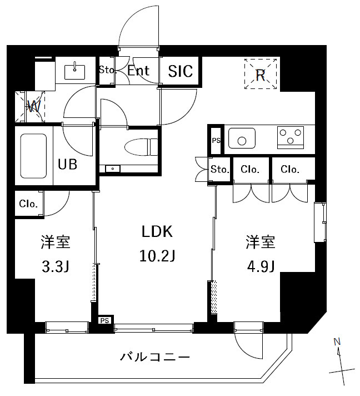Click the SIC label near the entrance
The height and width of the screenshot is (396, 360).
[x=181, y=71]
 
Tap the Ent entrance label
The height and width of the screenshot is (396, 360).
[x=138, y=71]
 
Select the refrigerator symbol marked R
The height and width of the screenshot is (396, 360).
[x=261, y=75]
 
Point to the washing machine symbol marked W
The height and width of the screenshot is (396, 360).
[x=32, y=106]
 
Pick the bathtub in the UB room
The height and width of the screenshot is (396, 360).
[x=34, y=155]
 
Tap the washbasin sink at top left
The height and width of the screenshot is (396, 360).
[x=74, y=72]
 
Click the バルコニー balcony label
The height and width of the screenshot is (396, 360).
[x=156, y=357]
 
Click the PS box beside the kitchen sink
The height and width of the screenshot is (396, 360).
[x=216, y=140]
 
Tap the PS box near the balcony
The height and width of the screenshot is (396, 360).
[x=104, y=320]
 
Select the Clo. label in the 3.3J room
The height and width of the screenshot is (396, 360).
[x=28, y=204]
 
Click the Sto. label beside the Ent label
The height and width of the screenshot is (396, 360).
[x=106, y=70]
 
